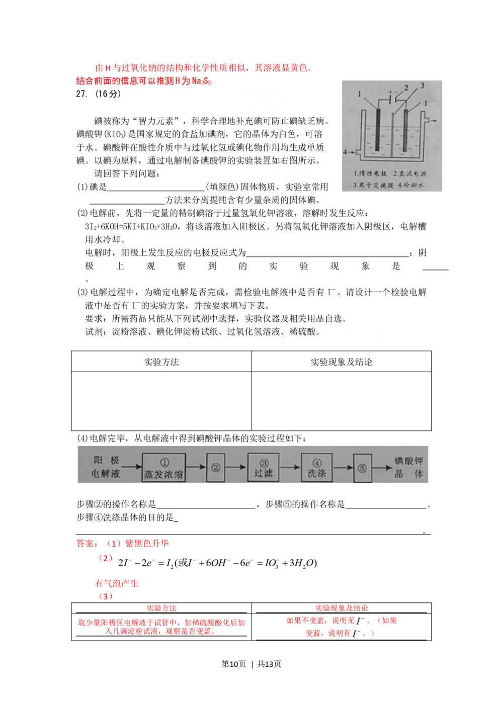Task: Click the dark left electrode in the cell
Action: [377, 129]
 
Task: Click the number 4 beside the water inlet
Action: [345, 151]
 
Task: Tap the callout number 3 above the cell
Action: [422, 86]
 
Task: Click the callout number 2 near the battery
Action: [406, 88]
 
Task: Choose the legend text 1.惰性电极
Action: [370, 174]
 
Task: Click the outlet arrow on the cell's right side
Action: [434, 120]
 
